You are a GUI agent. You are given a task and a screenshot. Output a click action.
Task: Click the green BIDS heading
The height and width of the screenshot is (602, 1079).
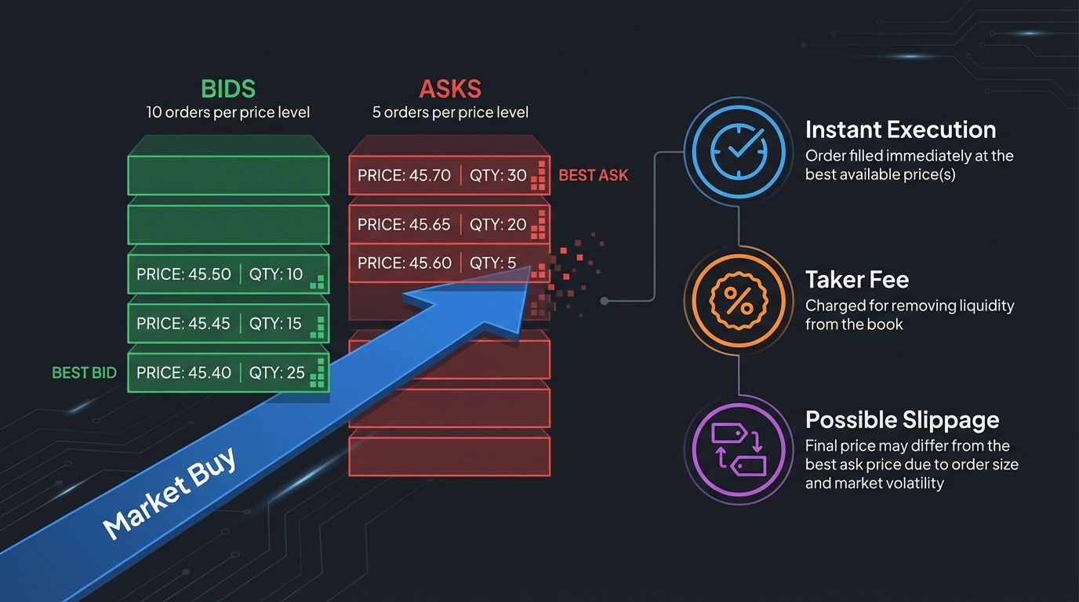tap(227, 88)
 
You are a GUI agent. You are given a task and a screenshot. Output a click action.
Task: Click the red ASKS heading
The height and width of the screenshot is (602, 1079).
tap(450, 88)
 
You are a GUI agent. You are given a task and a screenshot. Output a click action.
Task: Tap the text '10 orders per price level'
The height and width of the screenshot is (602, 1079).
tap(227, 112)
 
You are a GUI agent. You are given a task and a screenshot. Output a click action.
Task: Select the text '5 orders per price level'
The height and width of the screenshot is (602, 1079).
tap(450, 112)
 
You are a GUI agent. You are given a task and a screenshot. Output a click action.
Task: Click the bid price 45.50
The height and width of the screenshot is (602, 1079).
tap(183, 274)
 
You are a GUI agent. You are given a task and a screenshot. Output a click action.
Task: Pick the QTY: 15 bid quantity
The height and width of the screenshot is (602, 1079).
tap(275, 323)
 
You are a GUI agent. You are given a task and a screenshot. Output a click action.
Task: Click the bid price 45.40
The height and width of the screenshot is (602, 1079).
tap(183, 372)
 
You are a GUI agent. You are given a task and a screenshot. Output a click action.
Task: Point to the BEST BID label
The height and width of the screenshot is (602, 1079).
tap(83, 373)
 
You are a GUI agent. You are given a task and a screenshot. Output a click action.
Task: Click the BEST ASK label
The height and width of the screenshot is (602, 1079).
tap(593, 176)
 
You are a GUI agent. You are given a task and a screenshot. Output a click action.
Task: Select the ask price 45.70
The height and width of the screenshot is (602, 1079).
tap(404, 176)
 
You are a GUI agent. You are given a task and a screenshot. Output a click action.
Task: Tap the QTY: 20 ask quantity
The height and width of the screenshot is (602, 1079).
tap(498, 224)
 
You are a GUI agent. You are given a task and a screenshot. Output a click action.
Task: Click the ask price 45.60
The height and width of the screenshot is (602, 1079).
tap(404, 263)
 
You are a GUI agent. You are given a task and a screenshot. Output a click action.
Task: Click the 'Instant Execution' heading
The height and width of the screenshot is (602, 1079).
tap(900, 129)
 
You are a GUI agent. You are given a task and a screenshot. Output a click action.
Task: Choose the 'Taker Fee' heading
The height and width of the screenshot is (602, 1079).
tap(857, 279)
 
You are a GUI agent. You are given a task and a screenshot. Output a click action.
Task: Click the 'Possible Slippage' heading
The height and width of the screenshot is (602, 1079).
tap(902, 419)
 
